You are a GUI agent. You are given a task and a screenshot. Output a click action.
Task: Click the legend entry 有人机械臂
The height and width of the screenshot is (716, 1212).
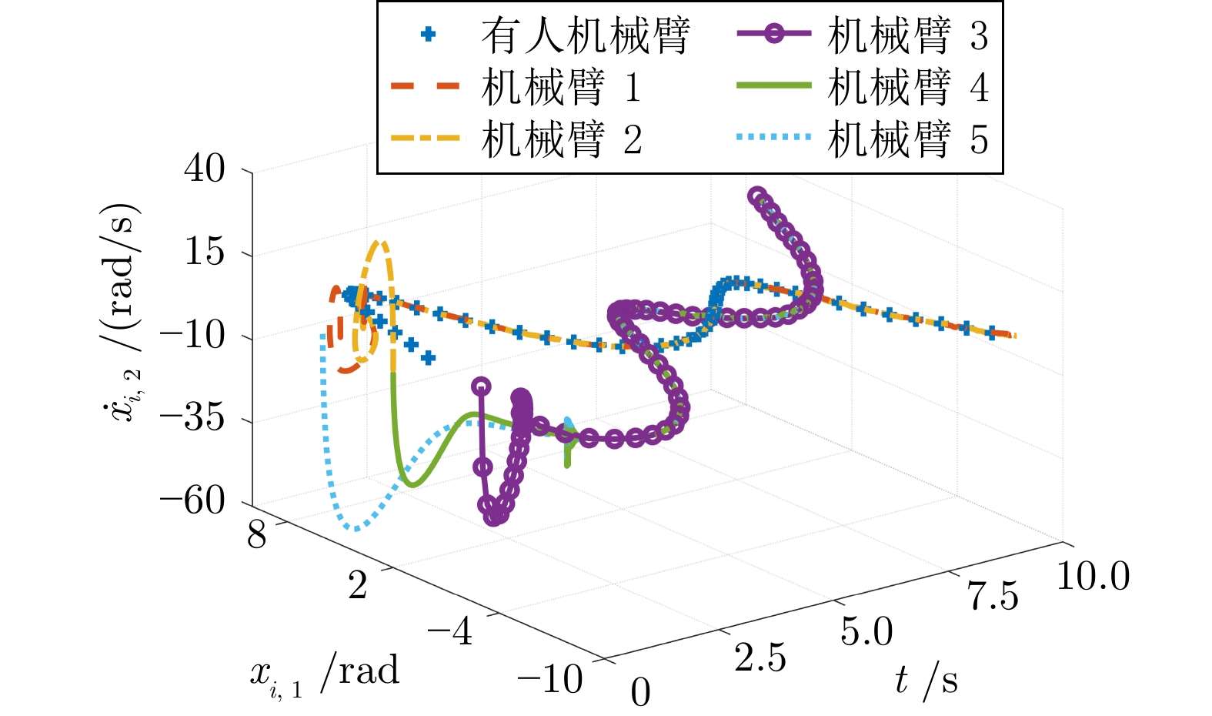point(585,36)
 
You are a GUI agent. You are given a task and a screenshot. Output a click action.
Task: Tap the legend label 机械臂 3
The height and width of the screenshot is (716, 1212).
point(907,36)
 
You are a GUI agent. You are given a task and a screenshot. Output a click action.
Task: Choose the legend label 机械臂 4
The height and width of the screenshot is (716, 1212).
point(907,87)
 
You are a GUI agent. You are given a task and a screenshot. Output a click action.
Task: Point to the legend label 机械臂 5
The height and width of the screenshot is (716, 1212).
point(907,139)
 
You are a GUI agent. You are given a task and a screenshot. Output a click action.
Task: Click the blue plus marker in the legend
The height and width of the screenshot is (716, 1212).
point(428,34)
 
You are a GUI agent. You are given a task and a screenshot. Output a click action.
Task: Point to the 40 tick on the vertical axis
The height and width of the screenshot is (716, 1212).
point(205,168)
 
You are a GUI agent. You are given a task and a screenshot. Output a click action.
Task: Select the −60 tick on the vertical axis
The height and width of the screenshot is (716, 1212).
point(192,501)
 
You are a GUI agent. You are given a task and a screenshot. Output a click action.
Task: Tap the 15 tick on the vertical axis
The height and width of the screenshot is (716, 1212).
point(205,252)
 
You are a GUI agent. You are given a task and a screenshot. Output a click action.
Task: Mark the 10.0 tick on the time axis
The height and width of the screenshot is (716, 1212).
point(1093,576)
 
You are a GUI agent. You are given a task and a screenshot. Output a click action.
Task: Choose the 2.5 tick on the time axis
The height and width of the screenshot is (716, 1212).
point(760,658)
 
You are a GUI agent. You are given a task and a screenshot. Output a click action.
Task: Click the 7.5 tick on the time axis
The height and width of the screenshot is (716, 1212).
point(993,597)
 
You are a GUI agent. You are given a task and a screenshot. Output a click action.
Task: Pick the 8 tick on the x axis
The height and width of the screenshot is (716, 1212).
point(257,534)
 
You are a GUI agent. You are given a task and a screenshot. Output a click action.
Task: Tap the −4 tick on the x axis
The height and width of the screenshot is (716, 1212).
point(450,631)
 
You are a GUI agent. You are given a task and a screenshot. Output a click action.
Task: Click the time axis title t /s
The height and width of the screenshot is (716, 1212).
point(926,681)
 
